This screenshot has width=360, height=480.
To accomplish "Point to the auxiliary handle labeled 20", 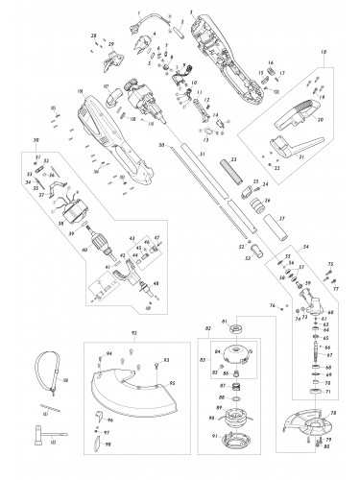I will (x=295, y=120).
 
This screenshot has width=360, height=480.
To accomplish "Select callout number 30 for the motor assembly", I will (x=36, y=137).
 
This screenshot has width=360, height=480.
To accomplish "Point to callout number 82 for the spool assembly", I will (x=208, y=329).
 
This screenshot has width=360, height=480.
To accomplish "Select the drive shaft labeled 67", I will (x=314, y=363).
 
